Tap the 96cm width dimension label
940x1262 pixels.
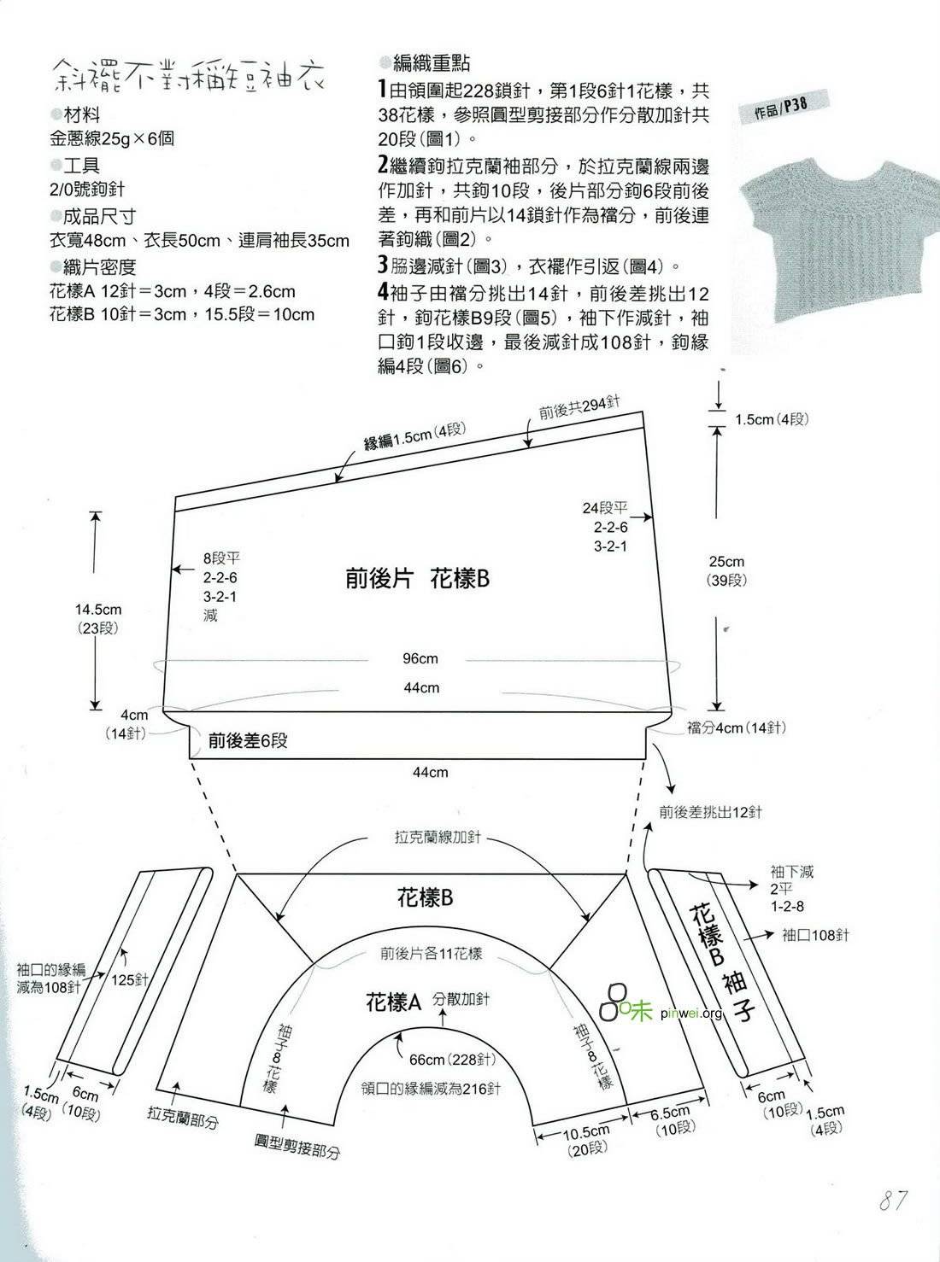tap(420, 659)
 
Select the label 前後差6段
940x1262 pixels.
tap(248, 741)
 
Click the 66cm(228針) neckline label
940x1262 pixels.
tap(453, 1060)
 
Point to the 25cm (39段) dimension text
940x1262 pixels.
tap(726, 570)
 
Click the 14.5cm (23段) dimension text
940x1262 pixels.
tap(98, 619)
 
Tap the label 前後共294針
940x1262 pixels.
tap(579, 408)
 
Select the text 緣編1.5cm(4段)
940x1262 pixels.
tap(414, 435)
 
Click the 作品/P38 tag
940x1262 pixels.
tap(781, 108)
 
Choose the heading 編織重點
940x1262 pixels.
tap(432, 62)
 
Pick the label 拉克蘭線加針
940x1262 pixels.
tap(438, 837)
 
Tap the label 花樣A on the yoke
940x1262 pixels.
tap(393, 1002)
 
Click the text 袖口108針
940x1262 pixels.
tap(815, 935)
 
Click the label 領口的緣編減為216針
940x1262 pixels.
tap(431, 1089)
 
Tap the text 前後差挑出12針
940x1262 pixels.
tap(710, 812)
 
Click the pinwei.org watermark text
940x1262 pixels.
tap(692, 1014)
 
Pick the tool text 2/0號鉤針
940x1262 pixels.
tap(86, 190)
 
